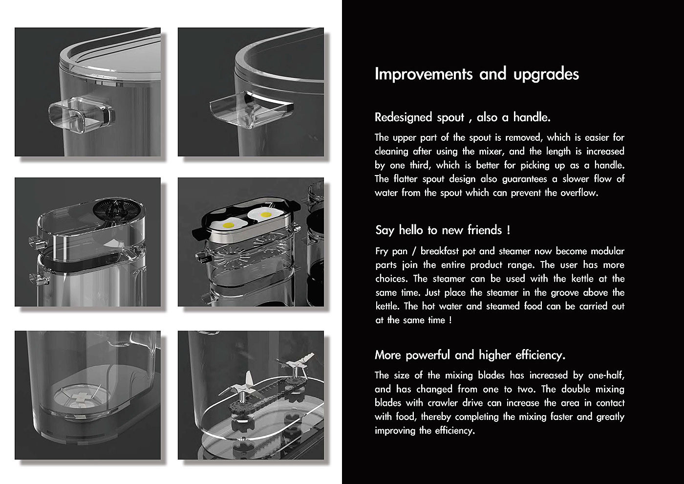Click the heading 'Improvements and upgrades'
(477, 74)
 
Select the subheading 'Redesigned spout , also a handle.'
(463, 117)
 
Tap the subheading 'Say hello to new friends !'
(443, 230)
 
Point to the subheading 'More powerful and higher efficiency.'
(470, 355)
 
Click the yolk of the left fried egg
(229, 225)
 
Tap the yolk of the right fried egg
(266, 215)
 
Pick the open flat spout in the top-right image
(251, 110)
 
